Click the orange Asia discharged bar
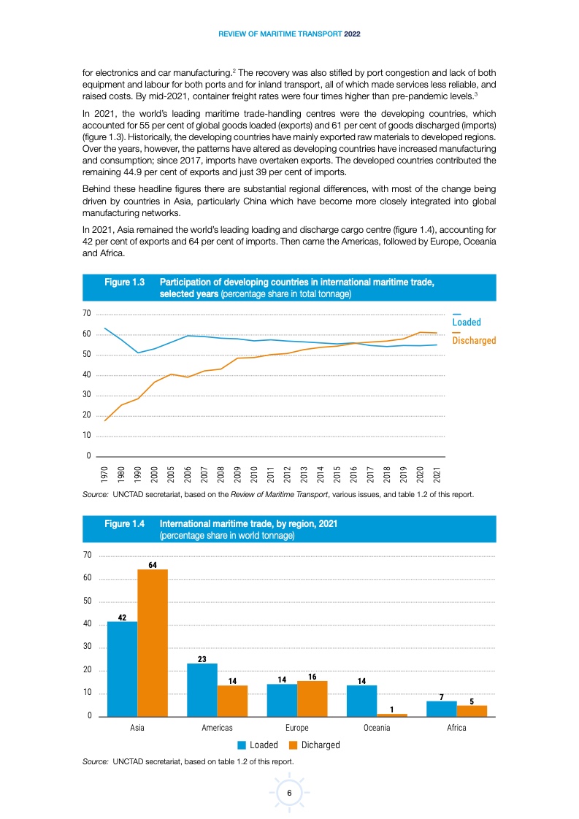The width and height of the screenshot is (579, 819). pos(153,642)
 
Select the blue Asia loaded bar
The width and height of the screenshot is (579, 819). pos(122,669)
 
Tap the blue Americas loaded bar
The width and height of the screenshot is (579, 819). pos(202,690)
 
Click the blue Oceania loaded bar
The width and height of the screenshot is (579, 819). pos(361,701)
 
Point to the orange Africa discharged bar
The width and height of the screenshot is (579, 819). pos(472,711)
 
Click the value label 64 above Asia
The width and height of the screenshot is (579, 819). pos(153,564)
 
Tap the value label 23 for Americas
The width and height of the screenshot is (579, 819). pos(202,658)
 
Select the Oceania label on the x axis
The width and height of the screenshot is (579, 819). pos(377,728)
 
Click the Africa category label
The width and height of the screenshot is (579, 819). pos(456,728)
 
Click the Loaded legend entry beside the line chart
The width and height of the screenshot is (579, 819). pos(467,322)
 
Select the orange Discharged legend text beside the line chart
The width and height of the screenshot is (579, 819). pos(474,341)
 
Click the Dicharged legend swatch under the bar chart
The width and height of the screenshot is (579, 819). pos(294,745)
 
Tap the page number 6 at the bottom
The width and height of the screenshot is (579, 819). pos(289,793)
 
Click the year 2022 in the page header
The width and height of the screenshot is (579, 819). pos(353,34)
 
